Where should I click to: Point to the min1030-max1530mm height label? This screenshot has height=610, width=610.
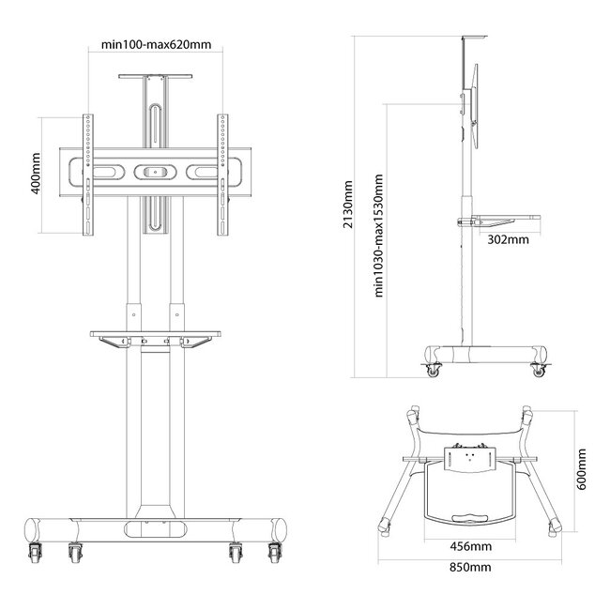[378, 235]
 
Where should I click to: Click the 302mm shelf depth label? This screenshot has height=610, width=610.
[509, 239]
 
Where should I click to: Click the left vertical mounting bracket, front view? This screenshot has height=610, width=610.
[88, 175]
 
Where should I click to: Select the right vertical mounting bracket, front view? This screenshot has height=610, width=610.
[223, 175]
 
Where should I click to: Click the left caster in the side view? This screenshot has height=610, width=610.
[434, 369]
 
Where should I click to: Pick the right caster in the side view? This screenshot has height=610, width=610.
[539, 369]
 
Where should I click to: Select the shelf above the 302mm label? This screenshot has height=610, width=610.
[507, 219]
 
